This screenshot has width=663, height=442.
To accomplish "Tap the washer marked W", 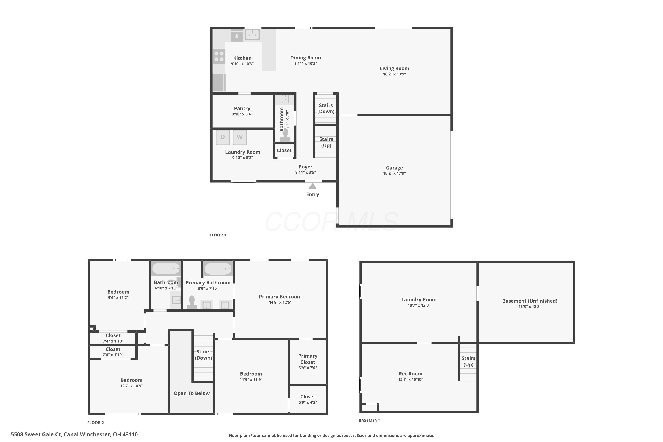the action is point(240,137).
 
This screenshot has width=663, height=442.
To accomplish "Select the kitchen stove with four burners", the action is point(219,56).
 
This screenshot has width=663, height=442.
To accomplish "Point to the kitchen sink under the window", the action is point(252,35).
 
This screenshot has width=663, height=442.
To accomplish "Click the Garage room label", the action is point(394,168).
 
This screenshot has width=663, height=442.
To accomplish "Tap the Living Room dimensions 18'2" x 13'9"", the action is point(394,74).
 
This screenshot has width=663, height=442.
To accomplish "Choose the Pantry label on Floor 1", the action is point(242,109).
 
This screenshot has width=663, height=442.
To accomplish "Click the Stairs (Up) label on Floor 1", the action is point(326,142).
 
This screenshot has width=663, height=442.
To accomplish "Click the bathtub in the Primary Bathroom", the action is point(218,269).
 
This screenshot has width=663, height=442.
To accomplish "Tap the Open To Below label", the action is point(192,394).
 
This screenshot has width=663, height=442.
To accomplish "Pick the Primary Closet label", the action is point(308,359).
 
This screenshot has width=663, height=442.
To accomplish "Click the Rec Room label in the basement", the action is point(410,374).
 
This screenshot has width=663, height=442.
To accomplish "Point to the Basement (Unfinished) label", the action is point(530,301).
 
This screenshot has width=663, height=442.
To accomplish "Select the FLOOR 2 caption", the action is point(95,423).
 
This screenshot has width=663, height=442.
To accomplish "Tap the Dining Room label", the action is point(306,58).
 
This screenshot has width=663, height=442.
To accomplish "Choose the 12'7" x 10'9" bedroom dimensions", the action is point(132,386).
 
